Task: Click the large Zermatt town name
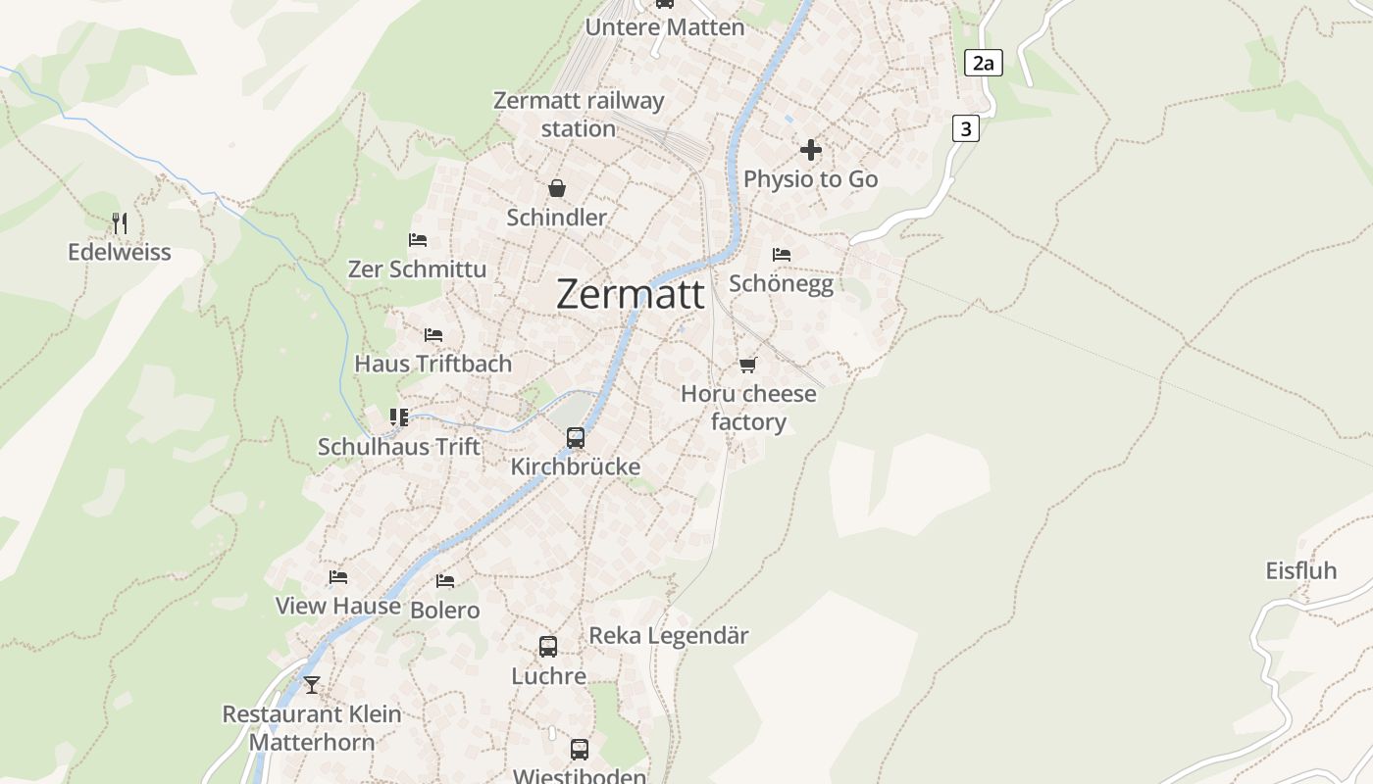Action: coord(630,294)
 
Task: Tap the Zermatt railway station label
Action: coord(579,115)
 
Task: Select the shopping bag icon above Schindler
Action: coord(557,188)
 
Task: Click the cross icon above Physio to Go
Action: coord(811,150)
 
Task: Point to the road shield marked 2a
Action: coord(984,64)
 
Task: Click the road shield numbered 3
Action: coord(966,128)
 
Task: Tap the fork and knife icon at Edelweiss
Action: coord(120,223)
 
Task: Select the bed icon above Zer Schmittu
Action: coord(418,240)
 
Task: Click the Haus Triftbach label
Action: coord(432,364)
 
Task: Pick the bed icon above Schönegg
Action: coord(782,255)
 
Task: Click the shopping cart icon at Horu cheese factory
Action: coord(748,366)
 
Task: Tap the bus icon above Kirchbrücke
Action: coord(576,438)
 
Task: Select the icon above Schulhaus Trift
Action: coord(398,418)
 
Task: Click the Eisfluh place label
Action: coord(1301,570)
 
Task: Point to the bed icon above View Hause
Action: coord(338,577)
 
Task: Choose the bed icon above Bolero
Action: coord(445,581)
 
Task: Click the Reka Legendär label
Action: coord(669,636)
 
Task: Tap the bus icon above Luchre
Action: coord(548,647)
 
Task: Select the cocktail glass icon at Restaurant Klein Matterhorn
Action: coord(312,684)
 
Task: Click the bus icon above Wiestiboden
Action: coord(580,750)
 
